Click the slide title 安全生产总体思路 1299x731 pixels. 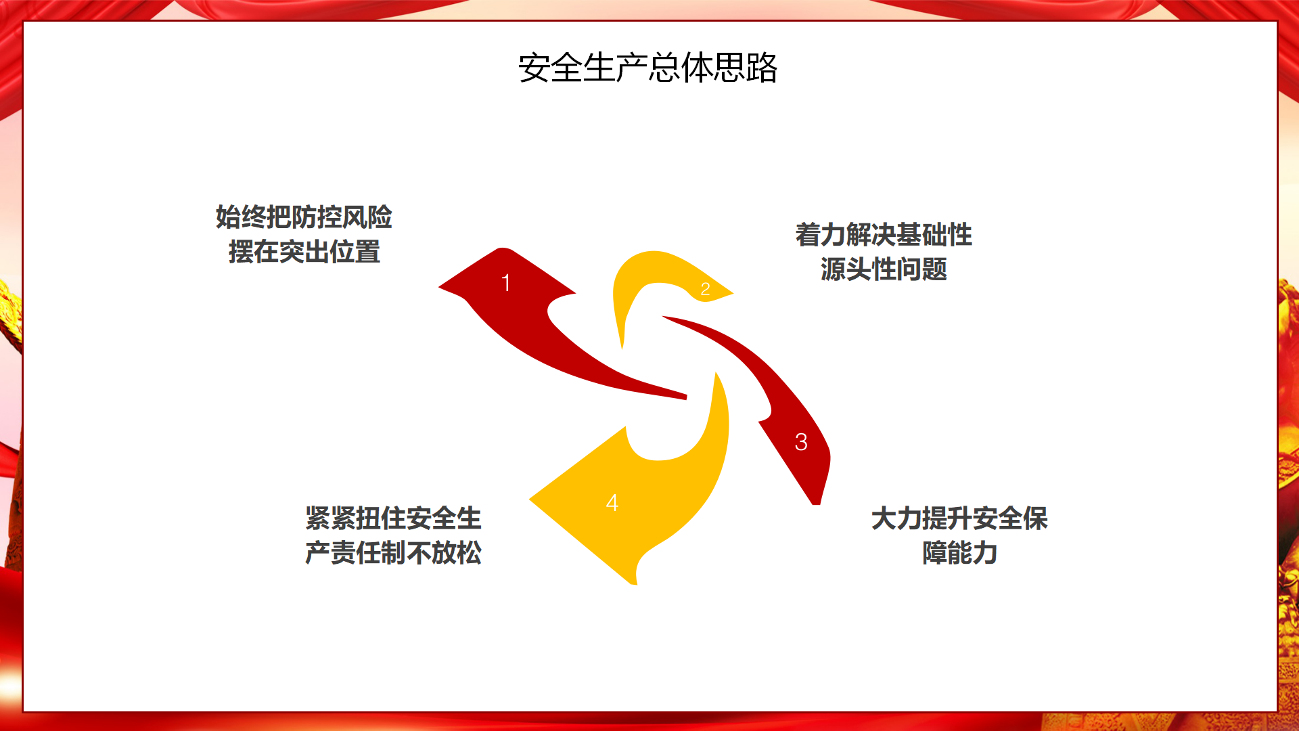click(x=648, y=68)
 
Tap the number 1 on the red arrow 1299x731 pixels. click(x=505, y=283)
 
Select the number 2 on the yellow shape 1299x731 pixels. click(x=705, y=289)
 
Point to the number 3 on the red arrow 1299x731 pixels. click(x=801, y=442)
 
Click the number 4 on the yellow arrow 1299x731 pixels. click(x=612, y=503)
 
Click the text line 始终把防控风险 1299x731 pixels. click(x=304, y=217)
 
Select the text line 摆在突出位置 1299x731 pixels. click(x=304, y=252)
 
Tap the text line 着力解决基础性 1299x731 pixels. click(x=884, y=235)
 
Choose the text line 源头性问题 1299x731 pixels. click(x=884, y=269)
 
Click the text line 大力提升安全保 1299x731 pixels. click(x=959, y=518)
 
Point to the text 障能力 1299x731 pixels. click(x=959, y=553)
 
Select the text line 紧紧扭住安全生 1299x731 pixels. click(x=393, y=518)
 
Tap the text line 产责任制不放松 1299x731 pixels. click(x=393, y=553)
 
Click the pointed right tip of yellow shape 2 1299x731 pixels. click(x=733, y=293)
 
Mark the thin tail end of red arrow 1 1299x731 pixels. click(x=685, y=397)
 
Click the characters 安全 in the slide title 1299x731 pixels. click(x=551, y=68)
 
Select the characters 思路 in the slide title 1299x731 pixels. click(x=746, y=68)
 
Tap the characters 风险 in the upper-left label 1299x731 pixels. click(x=367, y=217)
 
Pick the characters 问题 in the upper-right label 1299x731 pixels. click(x=922, y=269)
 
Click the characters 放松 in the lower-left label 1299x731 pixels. click(x=457, y=553)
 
